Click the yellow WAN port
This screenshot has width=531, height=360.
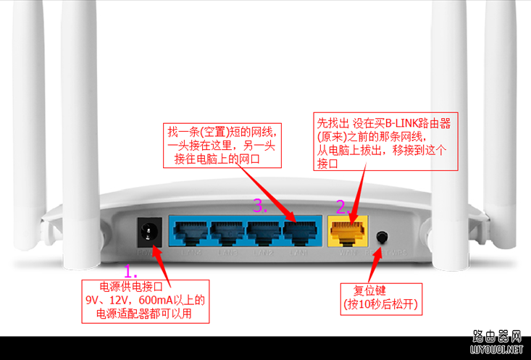click(x=348, y=233)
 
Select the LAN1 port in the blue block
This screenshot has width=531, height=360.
click(x=298, y=233)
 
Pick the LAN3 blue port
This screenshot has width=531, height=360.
click(x=227, y=233)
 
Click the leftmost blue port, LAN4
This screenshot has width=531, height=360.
click(x=189, y=233)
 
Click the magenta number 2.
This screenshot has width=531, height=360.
click(x=341, y=206)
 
